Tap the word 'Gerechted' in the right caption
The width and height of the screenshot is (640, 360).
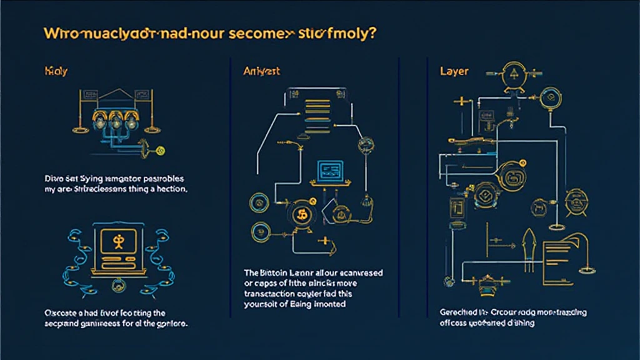(447, 312)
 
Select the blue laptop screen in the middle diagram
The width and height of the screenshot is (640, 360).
(328, 169)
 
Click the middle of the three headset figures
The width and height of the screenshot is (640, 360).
(116, 119)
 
